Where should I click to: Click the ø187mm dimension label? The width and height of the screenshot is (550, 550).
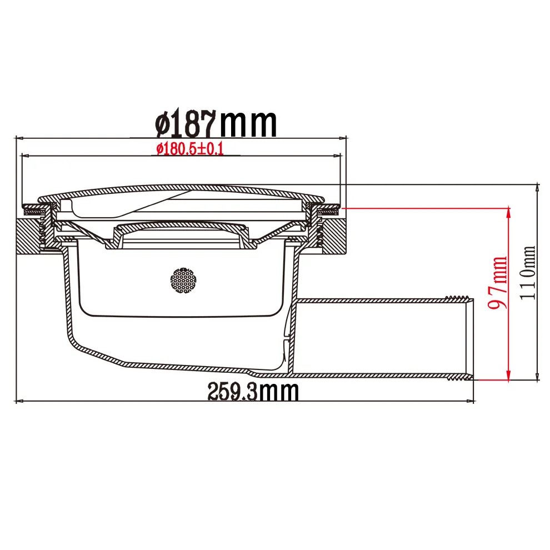point(216,123)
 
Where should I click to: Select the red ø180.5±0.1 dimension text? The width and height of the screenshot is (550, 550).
point(190,149)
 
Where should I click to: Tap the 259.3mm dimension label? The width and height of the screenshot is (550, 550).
point(253,391)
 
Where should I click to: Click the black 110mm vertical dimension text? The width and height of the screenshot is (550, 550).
point(528,273)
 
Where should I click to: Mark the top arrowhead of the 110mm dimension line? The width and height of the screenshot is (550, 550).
point(537,187)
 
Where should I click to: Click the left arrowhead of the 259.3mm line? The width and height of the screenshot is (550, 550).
point(19,401)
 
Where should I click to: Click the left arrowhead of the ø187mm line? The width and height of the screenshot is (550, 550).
point(18,137)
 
